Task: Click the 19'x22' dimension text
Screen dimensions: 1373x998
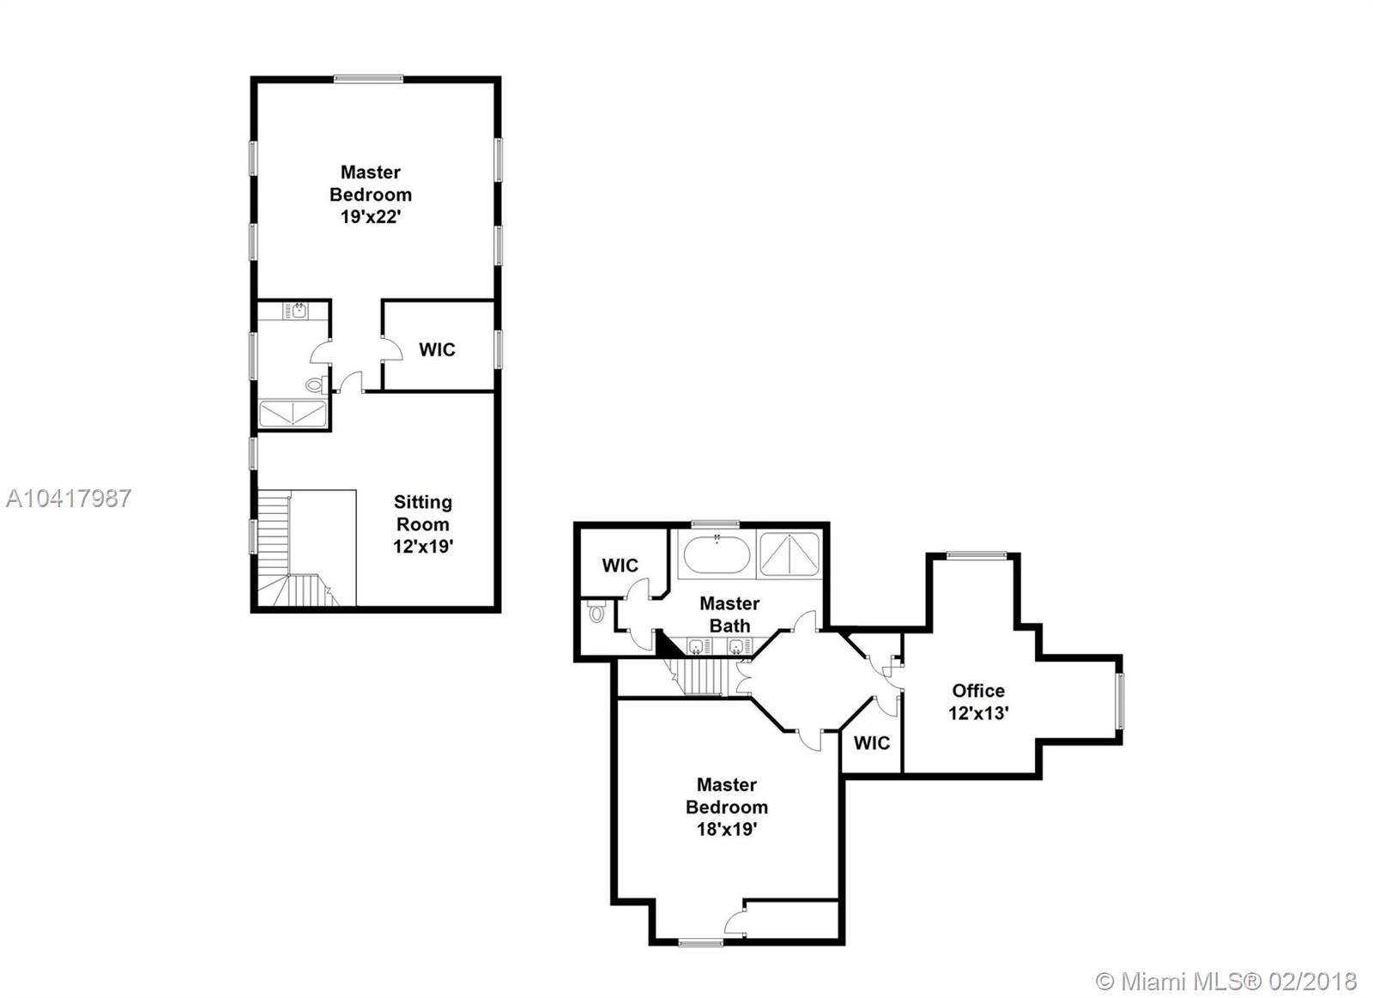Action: click(370, 217)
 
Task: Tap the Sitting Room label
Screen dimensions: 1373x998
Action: click(422, 513)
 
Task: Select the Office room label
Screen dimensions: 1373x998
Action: click(978, 691)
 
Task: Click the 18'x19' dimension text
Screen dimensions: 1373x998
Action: click(726, 830)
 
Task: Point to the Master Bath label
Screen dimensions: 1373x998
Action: click(729, 615)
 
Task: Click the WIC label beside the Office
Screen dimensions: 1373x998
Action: click(872, 743)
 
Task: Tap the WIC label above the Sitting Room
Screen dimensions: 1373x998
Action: click(437, 349)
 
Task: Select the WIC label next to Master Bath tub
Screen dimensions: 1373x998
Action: click(620, 566)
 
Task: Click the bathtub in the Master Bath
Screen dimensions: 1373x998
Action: click(717, 554)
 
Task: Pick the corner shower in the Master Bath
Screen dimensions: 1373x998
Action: click(789, 554)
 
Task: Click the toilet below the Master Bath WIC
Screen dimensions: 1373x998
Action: click(596, 612)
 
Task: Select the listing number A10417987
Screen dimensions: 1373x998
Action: click(69, 499)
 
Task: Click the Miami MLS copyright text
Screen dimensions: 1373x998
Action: click(1226, 982)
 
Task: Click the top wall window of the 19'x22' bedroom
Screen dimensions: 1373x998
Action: click(368, 78)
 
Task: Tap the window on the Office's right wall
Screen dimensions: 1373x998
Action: click(1120, 701)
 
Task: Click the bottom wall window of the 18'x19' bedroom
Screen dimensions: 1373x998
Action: click(700, 942)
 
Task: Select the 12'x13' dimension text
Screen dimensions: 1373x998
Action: click(978, 714)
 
